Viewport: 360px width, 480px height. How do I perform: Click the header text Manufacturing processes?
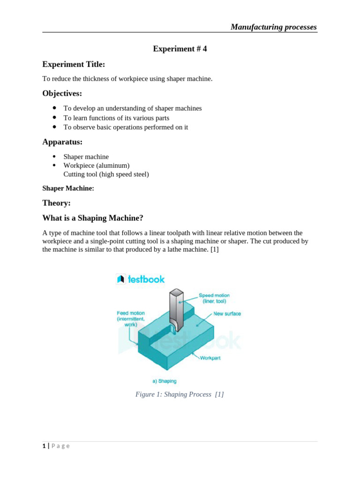tap(273, 27)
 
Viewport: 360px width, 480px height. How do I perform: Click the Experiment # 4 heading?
tap(180, 49)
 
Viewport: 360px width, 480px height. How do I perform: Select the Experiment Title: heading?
tap(74, 64)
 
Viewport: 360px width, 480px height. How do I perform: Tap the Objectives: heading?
tap(62, 93)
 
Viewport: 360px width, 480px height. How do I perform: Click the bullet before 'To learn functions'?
tap(55, 118)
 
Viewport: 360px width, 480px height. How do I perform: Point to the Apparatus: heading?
tap(62, 142)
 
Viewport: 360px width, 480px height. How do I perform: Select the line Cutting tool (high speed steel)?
tap(106, 174)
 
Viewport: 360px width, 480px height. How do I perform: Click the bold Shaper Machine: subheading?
tap(68, 188)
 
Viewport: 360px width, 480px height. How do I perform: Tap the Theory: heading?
tap(56, 203)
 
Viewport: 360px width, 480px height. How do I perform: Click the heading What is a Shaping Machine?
tap(93, 218)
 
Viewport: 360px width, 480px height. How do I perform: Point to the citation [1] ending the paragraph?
tap(214, 250)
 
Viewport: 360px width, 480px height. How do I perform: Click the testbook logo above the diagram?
tap(141, 279)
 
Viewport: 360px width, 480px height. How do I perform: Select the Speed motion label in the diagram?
tap(214, 298)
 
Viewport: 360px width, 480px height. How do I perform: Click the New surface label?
tap(227, 314)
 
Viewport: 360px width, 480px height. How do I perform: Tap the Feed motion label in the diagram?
tap(131, 318)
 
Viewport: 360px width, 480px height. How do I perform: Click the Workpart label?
tap(210, 358)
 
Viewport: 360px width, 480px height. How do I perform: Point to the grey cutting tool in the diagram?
tap(175, 309)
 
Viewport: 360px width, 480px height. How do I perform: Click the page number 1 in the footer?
tap(44, 446)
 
